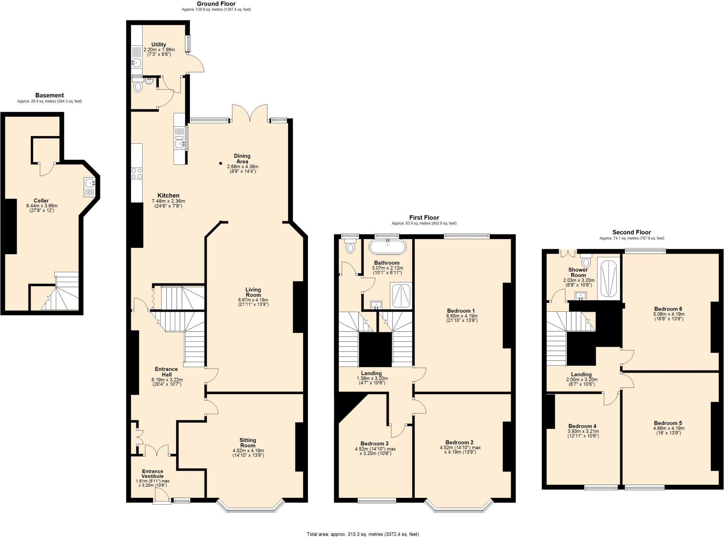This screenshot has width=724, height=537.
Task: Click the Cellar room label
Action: (41, 201)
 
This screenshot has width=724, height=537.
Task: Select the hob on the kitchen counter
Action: (137, 173)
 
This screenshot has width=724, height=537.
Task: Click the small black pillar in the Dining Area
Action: (221, 163)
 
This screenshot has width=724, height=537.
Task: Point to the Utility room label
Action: (159, 44)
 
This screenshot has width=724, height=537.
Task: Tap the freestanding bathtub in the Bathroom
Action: (387, 247)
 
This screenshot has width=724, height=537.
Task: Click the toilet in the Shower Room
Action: (586, 262)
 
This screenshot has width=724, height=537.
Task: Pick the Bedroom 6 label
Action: (668, 309)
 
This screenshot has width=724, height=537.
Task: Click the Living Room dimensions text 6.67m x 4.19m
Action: (253, 300)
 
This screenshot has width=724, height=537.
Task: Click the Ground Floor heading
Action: (216, 4)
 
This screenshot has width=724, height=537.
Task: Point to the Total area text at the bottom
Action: (363, 534)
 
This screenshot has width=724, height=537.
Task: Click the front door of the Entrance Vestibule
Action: (160, 499)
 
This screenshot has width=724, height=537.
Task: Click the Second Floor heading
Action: (631, 232)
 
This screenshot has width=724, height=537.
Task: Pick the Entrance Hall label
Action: (167, 372)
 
